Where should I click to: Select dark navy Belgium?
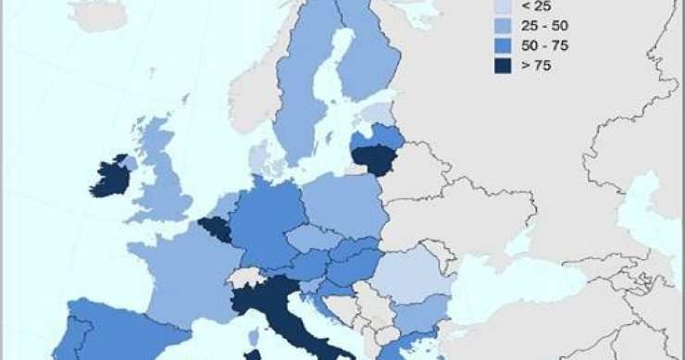(218, 227)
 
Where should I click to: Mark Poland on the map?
(342, 204)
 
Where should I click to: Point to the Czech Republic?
(310, 240)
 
